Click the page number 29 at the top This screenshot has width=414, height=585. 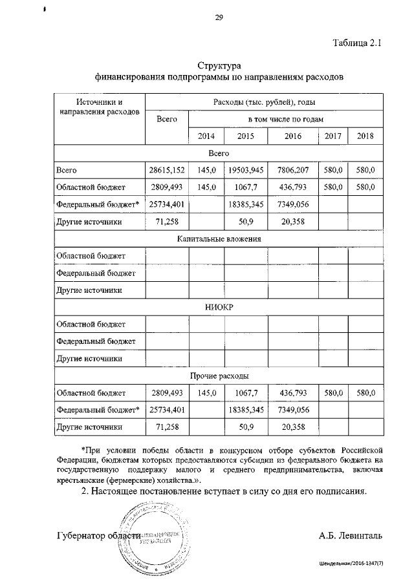(x=219, y=17)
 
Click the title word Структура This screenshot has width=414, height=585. (x=219, y=66)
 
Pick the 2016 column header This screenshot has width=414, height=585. (x=293, y=136)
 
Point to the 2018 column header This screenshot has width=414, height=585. (x=365, y=136)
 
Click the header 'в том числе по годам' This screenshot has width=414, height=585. (x=285, y=120)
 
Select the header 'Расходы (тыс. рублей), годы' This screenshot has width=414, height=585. (x=264, y=103)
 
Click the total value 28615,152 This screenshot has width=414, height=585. (x=167, y=170)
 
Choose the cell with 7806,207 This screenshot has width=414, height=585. (x=293, y=170)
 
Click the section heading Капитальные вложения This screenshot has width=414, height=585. (x=219, y=239)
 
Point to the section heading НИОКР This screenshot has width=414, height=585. (x=219, y=307)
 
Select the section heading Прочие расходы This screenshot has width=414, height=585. (x=219, y=376)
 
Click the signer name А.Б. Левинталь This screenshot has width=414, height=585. (x=351, y=536)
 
